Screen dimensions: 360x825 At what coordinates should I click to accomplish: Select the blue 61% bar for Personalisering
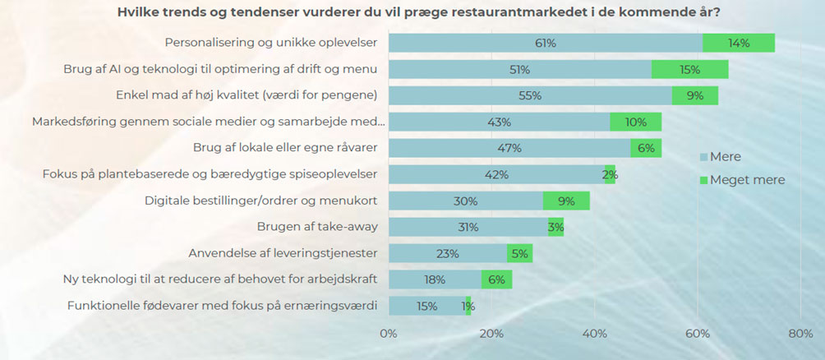(x=545, y=43)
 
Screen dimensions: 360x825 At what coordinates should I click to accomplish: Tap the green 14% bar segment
(x=738, y=43)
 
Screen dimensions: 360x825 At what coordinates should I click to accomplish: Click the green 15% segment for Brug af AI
(x=689, y=69)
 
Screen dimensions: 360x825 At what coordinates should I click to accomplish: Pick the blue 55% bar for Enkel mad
(x=530, y=95)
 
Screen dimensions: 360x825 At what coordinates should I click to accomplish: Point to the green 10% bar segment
(x=635, y=122)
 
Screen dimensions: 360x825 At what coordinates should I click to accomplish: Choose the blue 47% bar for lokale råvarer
(x=509, y=148)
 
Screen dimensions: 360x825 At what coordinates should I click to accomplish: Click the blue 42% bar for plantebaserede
(x=496, y=174)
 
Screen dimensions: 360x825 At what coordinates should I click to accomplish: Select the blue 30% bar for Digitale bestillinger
(x=465, y=201)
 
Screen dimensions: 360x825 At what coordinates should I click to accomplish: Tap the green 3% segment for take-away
(x=555, y=227)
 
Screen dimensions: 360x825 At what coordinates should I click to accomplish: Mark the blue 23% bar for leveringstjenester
(x=447, y=253)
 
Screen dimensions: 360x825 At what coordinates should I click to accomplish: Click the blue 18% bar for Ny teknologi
(x=435, y=279)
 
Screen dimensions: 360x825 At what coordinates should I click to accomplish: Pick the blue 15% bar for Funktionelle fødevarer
(x=426, y=306)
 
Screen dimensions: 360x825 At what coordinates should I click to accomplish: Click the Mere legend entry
(x=720, y=157)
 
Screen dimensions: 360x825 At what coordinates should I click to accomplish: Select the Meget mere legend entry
(x=740, y=179)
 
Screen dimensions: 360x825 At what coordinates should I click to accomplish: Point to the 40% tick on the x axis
(x=595, y=334)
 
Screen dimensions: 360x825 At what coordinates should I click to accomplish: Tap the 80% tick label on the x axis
(x=800, y=334)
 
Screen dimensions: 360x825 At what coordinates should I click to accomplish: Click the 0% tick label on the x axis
(x=389, y=334)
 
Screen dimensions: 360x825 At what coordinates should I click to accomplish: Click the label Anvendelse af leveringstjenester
(x=283, y=253)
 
